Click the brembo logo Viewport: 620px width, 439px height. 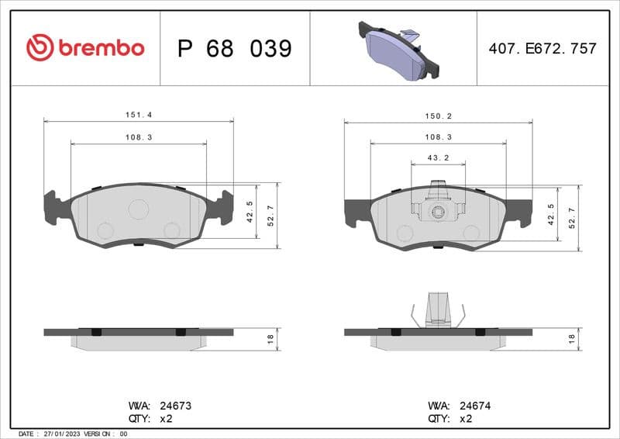click(x=85, y=48)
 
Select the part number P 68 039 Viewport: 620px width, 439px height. click(x=234, y=49)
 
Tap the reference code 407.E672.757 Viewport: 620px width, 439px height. click(x=542, y=48)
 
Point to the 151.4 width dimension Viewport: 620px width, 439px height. click(x=139, y=114)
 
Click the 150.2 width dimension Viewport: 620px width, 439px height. click(x=439, y=116)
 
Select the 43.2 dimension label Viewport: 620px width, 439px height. click(x=439, y=157)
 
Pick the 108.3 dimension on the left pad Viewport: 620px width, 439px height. click(x=139, y=137)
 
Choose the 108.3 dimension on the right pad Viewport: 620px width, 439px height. click(x=439, y=137)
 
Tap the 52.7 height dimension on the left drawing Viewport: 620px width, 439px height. click(x=270, y=216)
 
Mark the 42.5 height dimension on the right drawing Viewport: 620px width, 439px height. click(x=549, y=213)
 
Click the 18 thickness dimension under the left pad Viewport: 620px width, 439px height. click(x=270, y=339)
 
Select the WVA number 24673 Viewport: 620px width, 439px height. click(x=175, y=405)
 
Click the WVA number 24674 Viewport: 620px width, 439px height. click(x=475, y=405)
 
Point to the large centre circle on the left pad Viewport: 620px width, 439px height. click(x=139, y=209)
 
